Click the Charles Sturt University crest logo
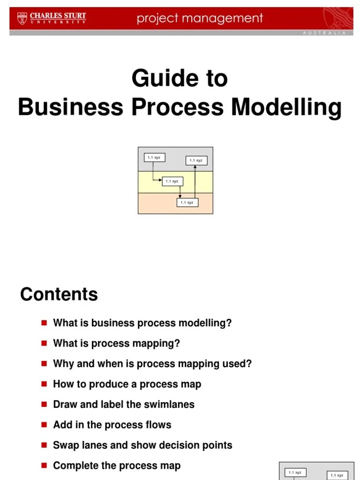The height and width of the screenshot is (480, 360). pos(22,18)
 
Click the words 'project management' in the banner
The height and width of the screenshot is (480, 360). pos(200,19)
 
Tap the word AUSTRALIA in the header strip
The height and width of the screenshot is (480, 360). pos(324,33)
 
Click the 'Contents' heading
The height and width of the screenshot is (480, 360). pos(59,294)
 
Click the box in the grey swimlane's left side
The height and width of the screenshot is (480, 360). pos(154,157)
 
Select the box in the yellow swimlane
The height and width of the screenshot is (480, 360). pos(172,181)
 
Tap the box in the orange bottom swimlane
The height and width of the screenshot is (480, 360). pos(187,202)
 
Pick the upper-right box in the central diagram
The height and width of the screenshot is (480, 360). pos(196,160)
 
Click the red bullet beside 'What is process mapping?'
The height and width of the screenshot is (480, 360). pos(45,343)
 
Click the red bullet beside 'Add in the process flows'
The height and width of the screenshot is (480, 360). pos(45,424)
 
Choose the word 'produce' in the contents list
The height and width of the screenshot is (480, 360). pos(104,384)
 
